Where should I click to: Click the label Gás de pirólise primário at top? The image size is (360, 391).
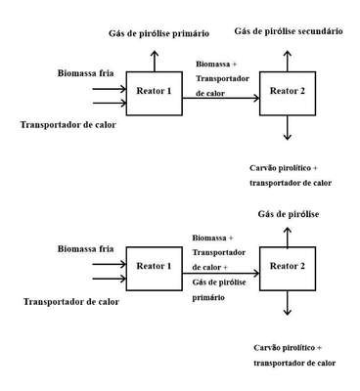pos(158,33)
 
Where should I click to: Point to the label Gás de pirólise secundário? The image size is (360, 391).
pos(289,31)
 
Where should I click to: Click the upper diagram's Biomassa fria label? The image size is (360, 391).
pos(86,73)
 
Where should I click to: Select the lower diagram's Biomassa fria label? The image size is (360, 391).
pos(86,249)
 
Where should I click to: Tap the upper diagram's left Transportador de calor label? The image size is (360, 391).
pos(68,125)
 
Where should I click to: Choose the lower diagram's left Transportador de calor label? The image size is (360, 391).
pos(71,302)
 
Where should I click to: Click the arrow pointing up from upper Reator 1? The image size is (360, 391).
pos(155,61)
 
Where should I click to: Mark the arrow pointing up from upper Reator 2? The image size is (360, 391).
pos(287,61)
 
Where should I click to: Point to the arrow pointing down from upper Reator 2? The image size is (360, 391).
pos(287,128)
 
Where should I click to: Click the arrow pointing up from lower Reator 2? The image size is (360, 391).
pos(287,238)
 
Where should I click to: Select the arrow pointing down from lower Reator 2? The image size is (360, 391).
pos(287,303)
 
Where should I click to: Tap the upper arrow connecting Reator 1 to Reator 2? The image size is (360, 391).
pos(221,98)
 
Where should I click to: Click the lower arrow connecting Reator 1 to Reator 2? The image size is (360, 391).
pos(221,274)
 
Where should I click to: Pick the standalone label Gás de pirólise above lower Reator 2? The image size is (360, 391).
pos(289,214)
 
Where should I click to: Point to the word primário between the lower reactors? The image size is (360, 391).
pos(208,298)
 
